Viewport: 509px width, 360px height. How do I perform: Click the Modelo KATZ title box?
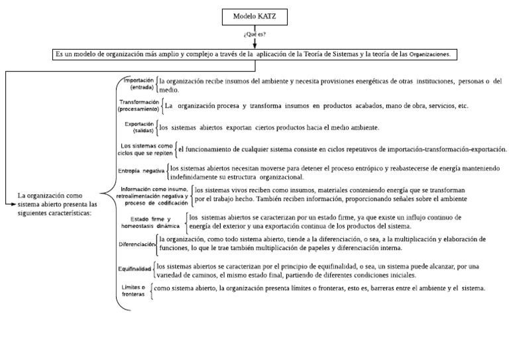254,16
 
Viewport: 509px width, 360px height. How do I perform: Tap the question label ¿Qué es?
254,32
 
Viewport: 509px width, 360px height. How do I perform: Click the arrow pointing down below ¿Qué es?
254,43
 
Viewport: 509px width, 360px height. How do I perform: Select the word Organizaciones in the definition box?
429,55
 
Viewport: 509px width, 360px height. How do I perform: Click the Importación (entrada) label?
138,84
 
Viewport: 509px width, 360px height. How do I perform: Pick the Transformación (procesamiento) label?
139,105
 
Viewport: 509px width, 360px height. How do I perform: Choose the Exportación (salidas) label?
139,127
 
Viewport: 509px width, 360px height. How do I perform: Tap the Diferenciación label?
137,244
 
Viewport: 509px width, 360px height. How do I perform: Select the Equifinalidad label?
135,270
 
